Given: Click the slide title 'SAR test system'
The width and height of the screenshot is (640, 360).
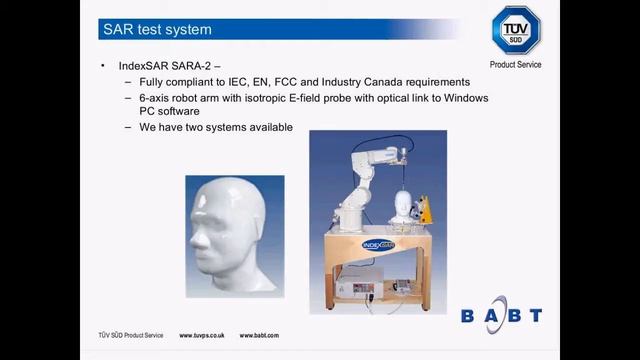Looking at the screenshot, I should (158, 30).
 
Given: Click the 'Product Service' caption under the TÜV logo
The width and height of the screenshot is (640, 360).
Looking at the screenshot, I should (516, 65).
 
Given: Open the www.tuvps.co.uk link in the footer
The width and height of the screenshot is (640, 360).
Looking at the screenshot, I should (200, 335).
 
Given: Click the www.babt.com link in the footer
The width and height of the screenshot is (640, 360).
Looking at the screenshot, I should (258, 335).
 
